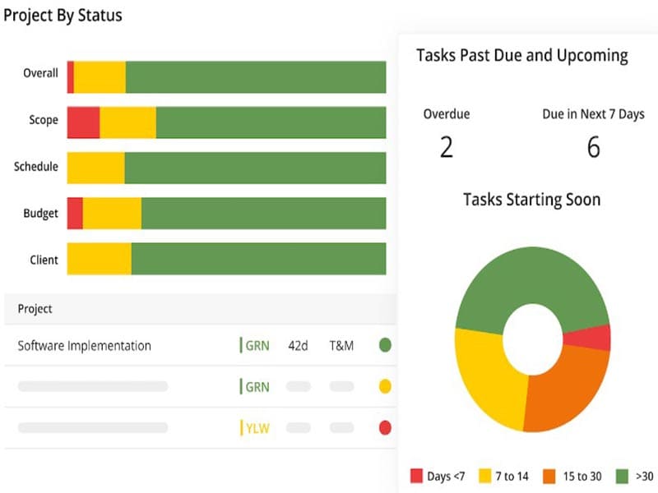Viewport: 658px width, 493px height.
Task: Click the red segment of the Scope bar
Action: pyautogui.click(x=83, y=122)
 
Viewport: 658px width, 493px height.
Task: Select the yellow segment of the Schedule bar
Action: pyautogui.click(x=95, y=168)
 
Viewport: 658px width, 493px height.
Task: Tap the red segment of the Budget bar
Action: pyautogui.click(x=75, y=214)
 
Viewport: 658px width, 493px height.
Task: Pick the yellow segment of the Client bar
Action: pyautogui.click(x=99, y=259)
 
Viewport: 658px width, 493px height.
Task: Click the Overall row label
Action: pyautogui.click(x=40, y=73)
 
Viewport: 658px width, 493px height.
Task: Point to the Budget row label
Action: pyautogui.click(x=40, y=214)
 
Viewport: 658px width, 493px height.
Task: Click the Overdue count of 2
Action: pyautogui.click(x=447, y=147)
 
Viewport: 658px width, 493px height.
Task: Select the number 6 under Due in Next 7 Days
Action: pyautogui.click(x=593, y=147)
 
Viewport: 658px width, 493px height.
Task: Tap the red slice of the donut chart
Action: pyautogui.click(x=597, y=338)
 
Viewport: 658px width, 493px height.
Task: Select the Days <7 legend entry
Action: pyautogui.click(x=433, y=476)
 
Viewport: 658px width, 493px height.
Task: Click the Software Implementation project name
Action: pyautogui.click(x=85, y=346)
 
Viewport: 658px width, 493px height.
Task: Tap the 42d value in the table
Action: pyautogui.click(x=298, y=346)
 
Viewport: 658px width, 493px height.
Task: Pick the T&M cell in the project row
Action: pyautogui.click(x=341, y=346)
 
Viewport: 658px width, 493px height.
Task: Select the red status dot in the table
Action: pyautogui.click(x=384, y=428)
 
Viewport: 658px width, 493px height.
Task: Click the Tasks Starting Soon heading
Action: pyautogui.click(x=531, y=200)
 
